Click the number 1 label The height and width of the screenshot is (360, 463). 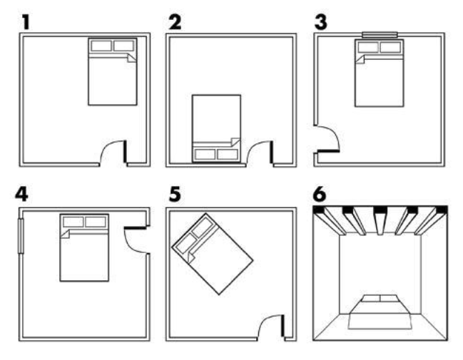(x=25, y=21)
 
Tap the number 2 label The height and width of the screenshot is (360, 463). (x=174, y=21)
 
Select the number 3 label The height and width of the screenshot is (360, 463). (x=322, y=21)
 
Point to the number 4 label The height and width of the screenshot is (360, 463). (x=25, y=195)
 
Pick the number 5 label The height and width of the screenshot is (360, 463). (x=174, y=195)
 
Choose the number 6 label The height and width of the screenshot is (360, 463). (x=322, y=195)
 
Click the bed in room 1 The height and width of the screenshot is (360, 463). (x=112, y=75)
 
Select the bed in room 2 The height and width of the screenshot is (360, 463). (x=216, y=128)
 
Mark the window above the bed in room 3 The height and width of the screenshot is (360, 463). (x=379, y=34)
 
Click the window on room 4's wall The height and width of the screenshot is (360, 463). (x=20, y=235)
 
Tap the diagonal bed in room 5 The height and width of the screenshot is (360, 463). (x=212, y=254)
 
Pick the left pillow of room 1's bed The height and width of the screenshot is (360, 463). (x=101, y=46)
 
